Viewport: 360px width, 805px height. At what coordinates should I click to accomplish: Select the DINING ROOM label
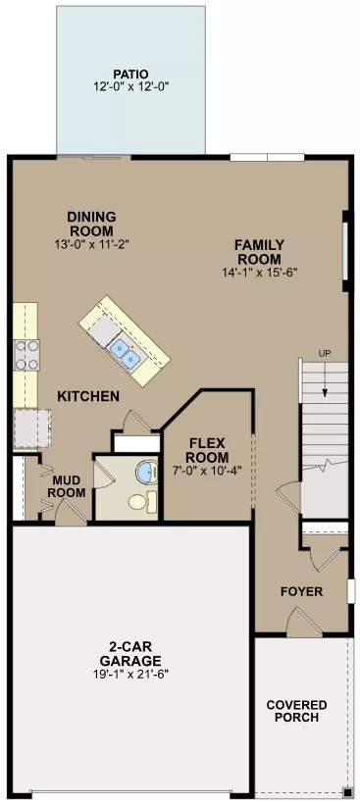point(91,223)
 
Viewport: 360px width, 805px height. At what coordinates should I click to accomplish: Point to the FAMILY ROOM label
point(259,252)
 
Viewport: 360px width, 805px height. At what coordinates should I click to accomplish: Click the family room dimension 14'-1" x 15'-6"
point(259,273)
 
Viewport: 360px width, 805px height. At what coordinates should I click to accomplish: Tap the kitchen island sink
point(125,348)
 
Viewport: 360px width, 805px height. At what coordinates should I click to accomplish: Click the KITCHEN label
point(88,396)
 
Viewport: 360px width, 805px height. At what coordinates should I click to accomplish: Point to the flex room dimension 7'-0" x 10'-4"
point(207,472)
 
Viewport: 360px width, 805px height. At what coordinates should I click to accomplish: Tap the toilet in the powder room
point(140,504)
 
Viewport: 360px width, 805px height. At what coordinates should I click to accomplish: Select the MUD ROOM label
point(67,485)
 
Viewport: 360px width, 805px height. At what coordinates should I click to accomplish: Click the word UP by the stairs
point(324,353)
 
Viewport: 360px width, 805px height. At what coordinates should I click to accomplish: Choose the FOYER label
point(301,592)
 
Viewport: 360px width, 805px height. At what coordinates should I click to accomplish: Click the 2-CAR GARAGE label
point(129,654)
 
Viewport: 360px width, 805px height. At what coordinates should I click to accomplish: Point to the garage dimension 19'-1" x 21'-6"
point(129,675)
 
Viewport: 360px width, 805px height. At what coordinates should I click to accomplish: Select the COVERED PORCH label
point(296,711)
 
